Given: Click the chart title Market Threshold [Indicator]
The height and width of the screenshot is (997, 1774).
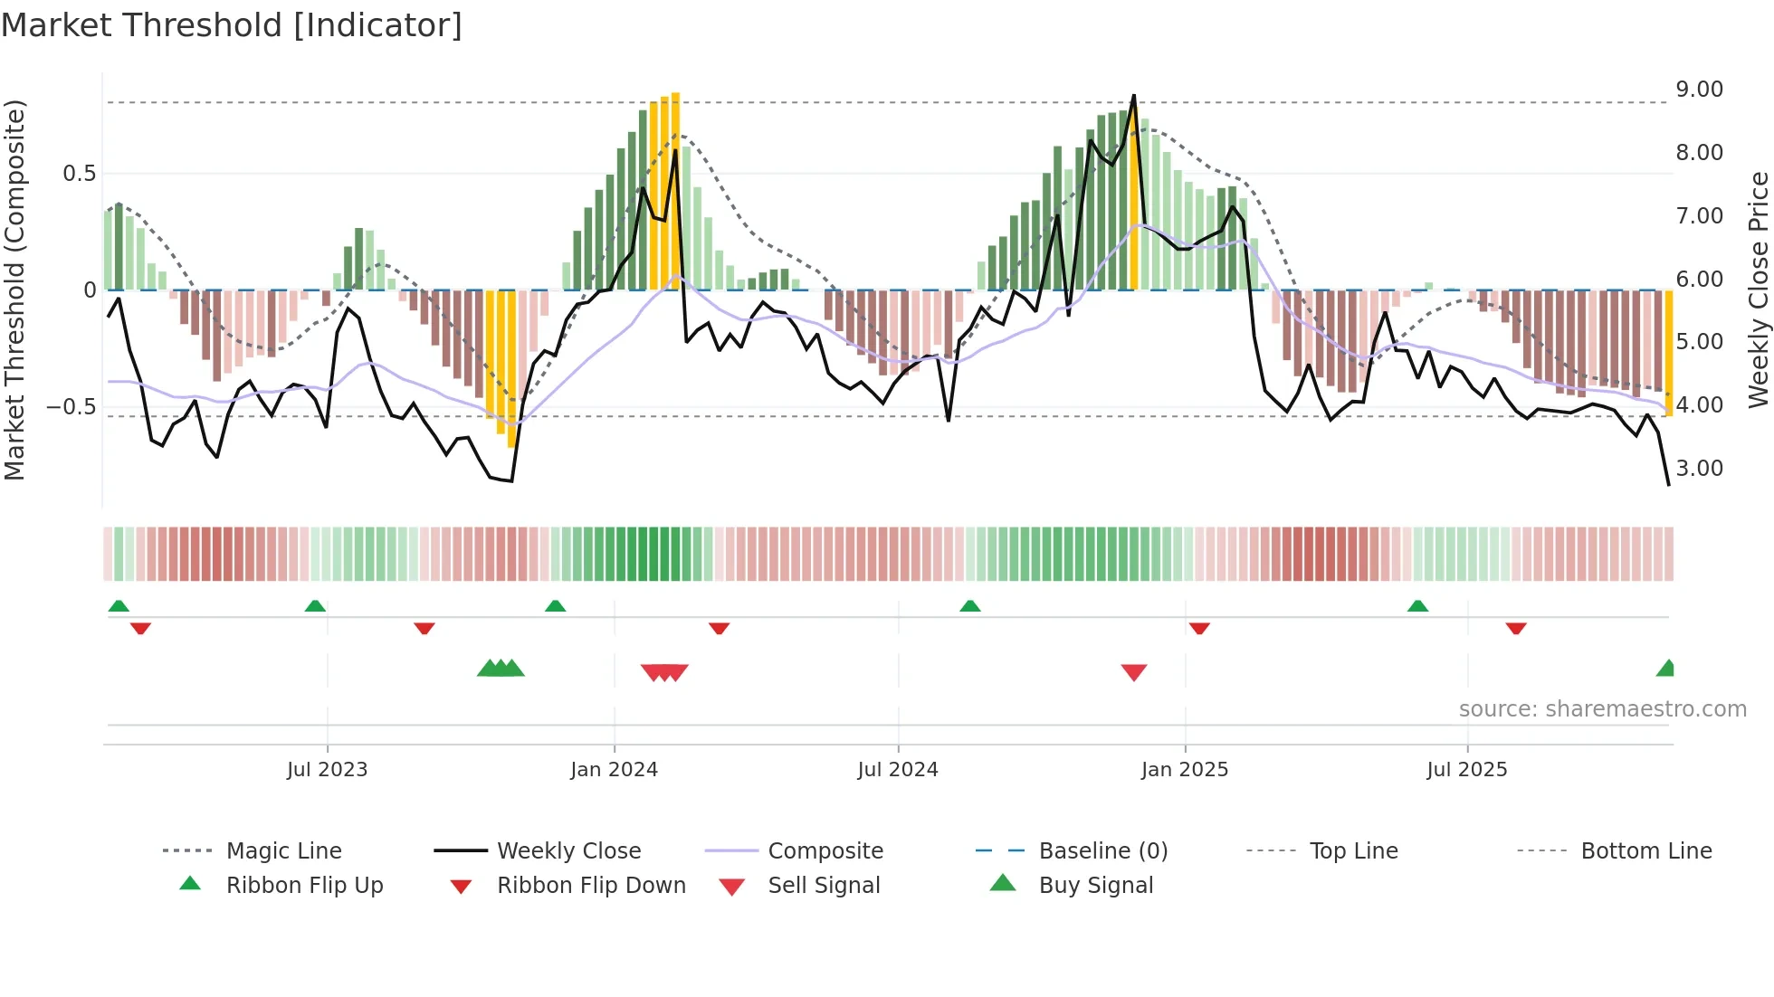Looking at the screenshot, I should (x=232, y=25).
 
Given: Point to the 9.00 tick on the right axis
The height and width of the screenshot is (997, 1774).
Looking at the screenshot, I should (x=1698, y=90).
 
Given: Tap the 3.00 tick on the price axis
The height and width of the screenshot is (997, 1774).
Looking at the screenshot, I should (x=1698, y=469).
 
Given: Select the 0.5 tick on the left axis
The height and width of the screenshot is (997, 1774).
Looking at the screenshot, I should (x=79, y=174).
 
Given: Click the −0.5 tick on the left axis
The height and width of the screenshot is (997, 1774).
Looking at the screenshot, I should (x=71, y=407).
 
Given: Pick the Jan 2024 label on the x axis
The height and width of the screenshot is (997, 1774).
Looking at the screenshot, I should (x=614, y=770).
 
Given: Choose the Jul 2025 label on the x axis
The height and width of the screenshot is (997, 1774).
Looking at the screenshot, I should (x=1466, y=770).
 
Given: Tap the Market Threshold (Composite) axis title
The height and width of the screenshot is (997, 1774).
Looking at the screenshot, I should (x=14, y=290).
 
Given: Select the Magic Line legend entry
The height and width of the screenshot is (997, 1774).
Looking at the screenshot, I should (x=283, y=851).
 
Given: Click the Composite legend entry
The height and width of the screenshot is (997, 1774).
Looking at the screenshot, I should (x=825, y=851).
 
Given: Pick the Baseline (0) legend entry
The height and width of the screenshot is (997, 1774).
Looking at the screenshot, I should (x=1102, y=851).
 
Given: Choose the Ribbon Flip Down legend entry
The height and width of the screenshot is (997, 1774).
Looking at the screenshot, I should (x=590, y=886).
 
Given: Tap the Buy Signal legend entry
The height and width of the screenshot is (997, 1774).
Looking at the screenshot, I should (x=1095, y=886).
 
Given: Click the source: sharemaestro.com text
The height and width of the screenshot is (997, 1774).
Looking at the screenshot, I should (x=1602, y=709).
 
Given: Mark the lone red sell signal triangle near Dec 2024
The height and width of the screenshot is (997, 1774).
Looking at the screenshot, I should (x=1133, y=671).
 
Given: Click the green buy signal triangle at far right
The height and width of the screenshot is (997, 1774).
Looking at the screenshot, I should (x=1666, y=669).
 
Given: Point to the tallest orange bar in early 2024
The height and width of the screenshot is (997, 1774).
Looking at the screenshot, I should (x=675, y=190).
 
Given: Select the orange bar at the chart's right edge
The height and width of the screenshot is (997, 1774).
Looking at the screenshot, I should (x=1669, y=353).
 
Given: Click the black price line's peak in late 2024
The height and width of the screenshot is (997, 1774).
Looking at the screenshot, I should (x=1133, y=96).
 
